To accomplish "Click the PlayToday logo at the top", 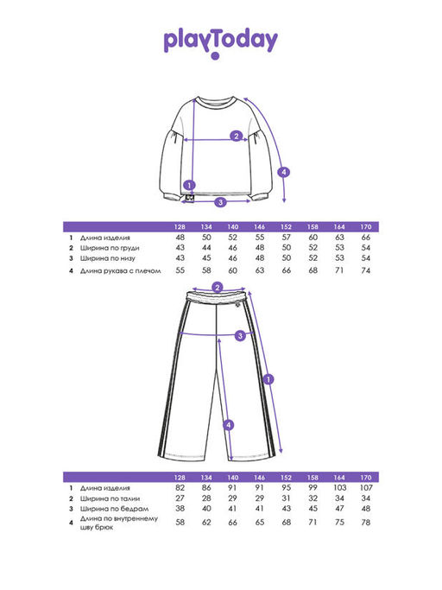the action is (x=221, y=41).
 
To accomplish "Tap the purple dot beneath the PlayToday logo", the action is (x=215, y=56).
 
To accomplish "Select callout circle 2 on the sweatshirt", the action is (x=237, y=136).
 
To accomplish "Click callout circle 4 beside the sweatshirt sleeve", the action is (x=284, y=172).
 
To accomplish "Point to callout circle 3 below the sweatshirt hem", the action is (x=220, y=202).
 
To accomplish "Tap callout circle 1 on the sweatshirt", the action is (x=189, y=185).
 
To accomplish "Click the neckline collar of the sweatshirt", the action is (x=216, y=102).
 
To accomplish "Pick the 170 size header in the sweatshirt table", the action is (x=366, y=227).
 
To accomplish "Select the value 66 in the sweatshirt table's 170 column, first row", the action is (x=366, y=238).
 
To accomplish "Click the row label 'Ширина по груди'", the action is (x=110, y=248).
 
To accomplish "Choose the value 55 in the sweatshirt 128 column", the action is (x=180, y=270).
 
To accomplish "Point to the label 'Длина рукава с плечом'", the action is (x=120, y=270).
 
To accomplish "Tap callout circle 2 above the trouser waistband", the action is (x=218, y=289).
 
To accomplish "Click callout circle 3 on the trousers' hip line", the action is (x=240, y=335).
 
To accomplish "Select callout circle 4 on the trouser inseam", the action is (x=228, y=426).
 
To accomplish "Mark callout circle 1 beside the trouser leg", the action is (x=268, y=379).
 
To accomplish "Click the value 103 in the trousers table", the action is (x=339, y=488).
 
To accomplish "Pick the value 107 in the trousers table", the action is (x=366, y=488).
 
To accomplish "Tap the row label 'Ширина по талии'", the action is (x=110, y=498).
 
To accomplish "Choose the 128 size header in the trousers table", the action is (x=180, y=478).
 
